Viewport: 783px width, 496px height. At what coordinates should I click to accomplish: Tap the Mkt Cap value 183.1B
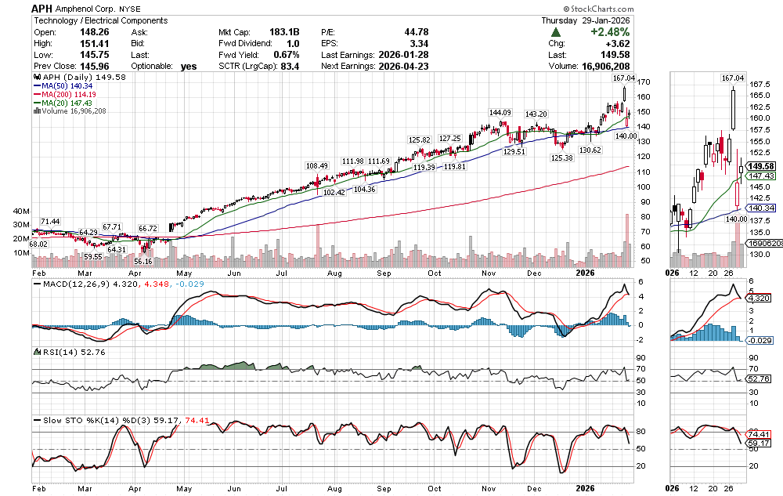(283, 32)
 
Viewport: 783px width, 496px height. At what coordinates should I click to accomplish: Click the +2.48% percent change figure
(608, 32)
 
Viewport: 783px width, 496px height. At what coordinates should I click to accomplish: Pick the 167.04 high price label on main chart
(623, 79)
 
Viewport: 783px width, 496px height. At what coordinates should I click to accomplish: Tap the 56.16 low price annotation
(143, 261)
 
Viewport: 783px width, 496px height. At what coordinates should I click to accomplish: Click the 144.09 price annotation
(500, 113)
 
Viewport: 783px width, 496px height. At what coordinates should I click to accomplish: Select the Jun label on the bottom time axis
(234, 487)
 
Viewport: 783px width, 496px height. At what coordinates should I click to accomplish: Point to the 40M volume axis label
(20, 212)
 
